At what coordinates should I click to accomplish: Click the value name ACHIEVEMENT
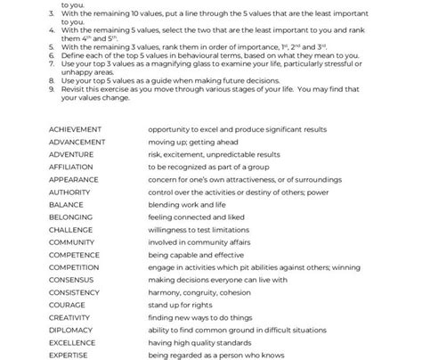click(x=75, y=129)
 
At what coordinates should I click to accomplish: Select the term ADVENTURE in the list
click(x=71, y=154)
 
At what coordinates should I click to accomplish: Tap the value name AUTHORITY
click(x=69, y=192)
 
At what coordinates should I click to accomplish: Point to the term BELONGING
click(x=70, y=217)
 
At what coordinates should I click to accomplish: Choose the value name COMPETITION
click(x=74, y=266)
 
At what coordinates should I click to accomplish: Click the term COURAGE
click(x=67, y=304)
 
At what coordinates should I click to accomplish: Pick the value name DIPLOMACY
click(x=70, y=329)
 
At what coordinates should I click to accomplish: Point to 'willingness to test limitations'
click(x=199, y=229)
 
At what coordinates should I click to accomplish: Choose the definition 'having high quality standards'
click(x=198, y=341)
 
